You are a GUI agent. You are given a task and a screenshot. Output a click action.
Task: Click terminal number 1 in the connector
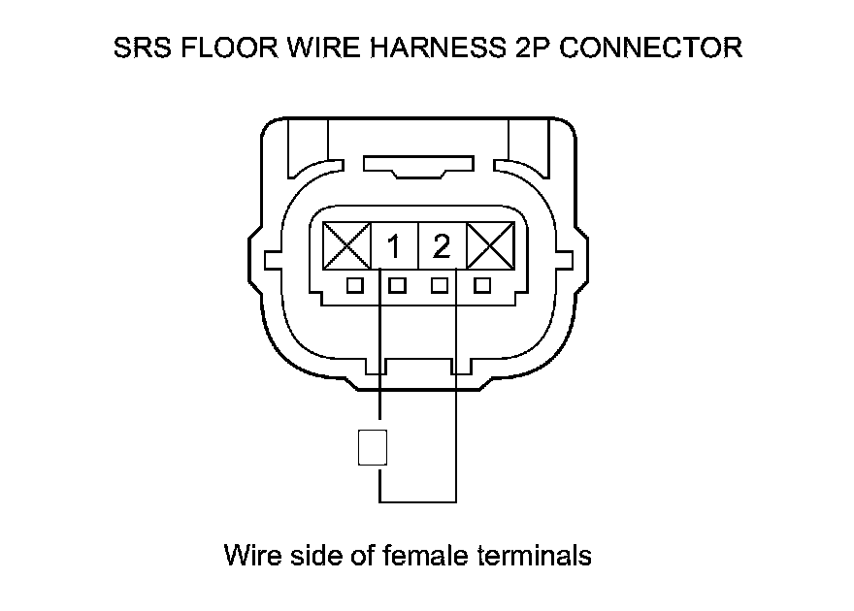[394, 247]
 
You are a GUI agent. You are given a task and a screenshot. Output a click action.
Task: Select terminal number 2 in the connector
[442, 247]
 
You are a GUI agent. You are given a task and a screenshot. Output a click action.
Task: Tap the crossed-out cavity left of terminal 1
[346, 246]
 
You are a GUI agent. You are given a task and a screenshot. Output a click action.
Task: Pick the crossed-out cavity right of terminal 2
[490, 246]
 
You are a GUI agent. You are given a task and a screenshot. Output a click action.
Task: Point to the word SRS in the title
[141, 48]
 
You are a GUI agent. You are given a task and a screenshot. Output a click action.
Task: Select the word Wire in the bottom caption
[249, 556]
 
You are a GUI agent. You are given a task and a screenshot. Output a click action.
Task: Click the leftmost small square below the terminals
[355, 285]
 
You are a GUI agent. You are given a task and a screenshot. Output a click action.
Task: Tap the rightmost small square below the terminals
[482, 285]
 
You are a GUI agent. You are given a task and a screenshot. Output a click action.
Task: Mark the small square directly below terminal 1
[396, 285]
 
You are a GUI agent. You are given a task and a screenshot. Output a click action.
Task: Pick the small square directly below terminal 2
[441, 285]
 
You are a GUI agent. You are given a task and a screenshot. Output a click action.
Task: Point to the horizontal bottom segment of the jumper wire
[417, 501]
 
